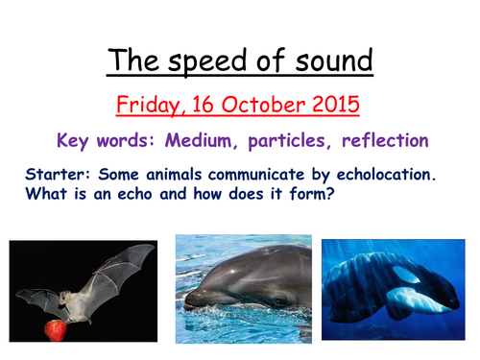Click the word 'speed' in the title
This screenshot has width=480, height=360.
(x=203, y=60)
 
